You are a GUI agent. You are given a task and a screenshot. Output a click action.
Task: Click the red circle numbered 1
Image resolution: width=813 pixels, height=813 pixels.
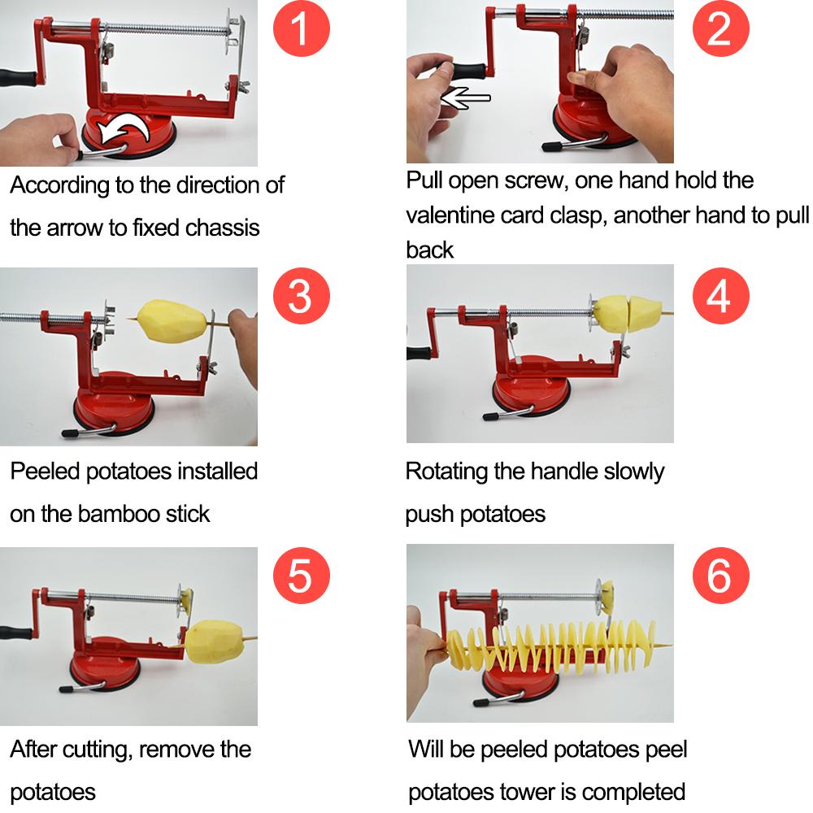click(300, 29)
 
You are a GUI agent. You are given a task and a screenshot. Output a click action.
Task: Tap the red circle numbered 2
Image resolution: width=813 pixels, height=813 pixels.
click(719, 29)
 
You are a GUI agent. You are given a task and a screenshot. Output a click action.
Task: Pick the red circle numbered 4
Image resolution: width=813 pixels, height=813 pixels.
click(719, 297)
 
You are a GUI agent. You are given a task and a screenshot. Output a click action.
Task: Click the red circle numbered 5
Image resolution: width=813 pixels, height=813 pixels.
click(300, 576)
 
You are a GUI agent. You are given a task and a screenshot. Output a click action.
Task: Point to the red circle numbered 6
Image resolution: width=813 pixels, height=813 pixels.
click(719, 576)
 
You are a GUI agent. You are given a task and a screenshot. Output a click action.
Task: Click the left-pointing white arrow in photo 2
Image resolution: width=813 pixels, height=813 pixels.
click(465, 98)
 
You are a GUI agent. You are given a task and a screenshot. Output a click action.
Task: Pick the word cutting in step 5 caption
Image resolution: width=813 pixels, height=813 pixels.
click(90, 749)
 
